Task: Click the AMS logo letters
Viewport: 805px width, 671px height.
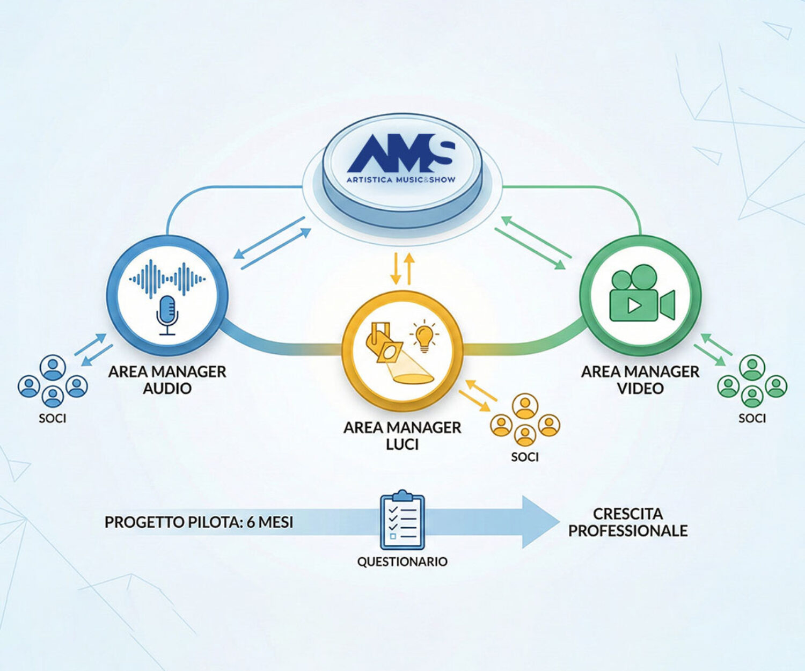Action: (401, 154)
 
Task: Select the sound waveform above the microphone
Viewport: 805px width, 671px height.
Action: (167, 278)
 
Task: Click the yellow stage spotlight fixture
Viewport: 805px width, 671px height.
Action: (383, 344)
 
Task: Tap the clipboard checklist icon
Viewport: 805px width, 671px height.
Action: (402, 520)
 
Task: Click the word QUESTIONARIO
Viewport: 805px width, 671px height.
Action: (402, 561)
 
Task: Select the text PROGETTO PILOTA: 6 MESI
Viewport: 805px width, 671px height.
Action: (199, 522)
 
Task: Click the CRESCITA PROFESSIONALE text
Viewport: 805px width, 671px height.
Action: (628, 522)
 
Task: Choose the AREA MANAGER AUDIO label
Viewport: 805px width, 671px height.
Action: (167, 380)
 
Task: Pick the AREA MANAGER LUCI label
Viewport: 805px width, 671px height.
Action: (402, 436)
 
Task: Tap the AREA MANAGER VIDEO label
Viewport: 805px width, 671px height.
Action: (640, 380)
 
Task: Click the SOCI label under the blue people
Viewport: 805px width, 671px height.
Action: (53, 418)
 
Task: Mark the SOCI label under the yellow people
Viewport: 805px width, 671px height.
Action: (524, 457)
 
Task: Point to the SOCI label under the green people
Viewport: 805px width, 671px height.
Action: (752, 418)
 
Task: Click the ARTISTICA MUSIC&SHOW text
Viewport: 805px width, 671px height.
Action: (401, 179)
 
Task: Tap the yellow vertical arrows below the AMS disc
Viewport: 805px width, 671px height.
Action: (402, 268)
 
